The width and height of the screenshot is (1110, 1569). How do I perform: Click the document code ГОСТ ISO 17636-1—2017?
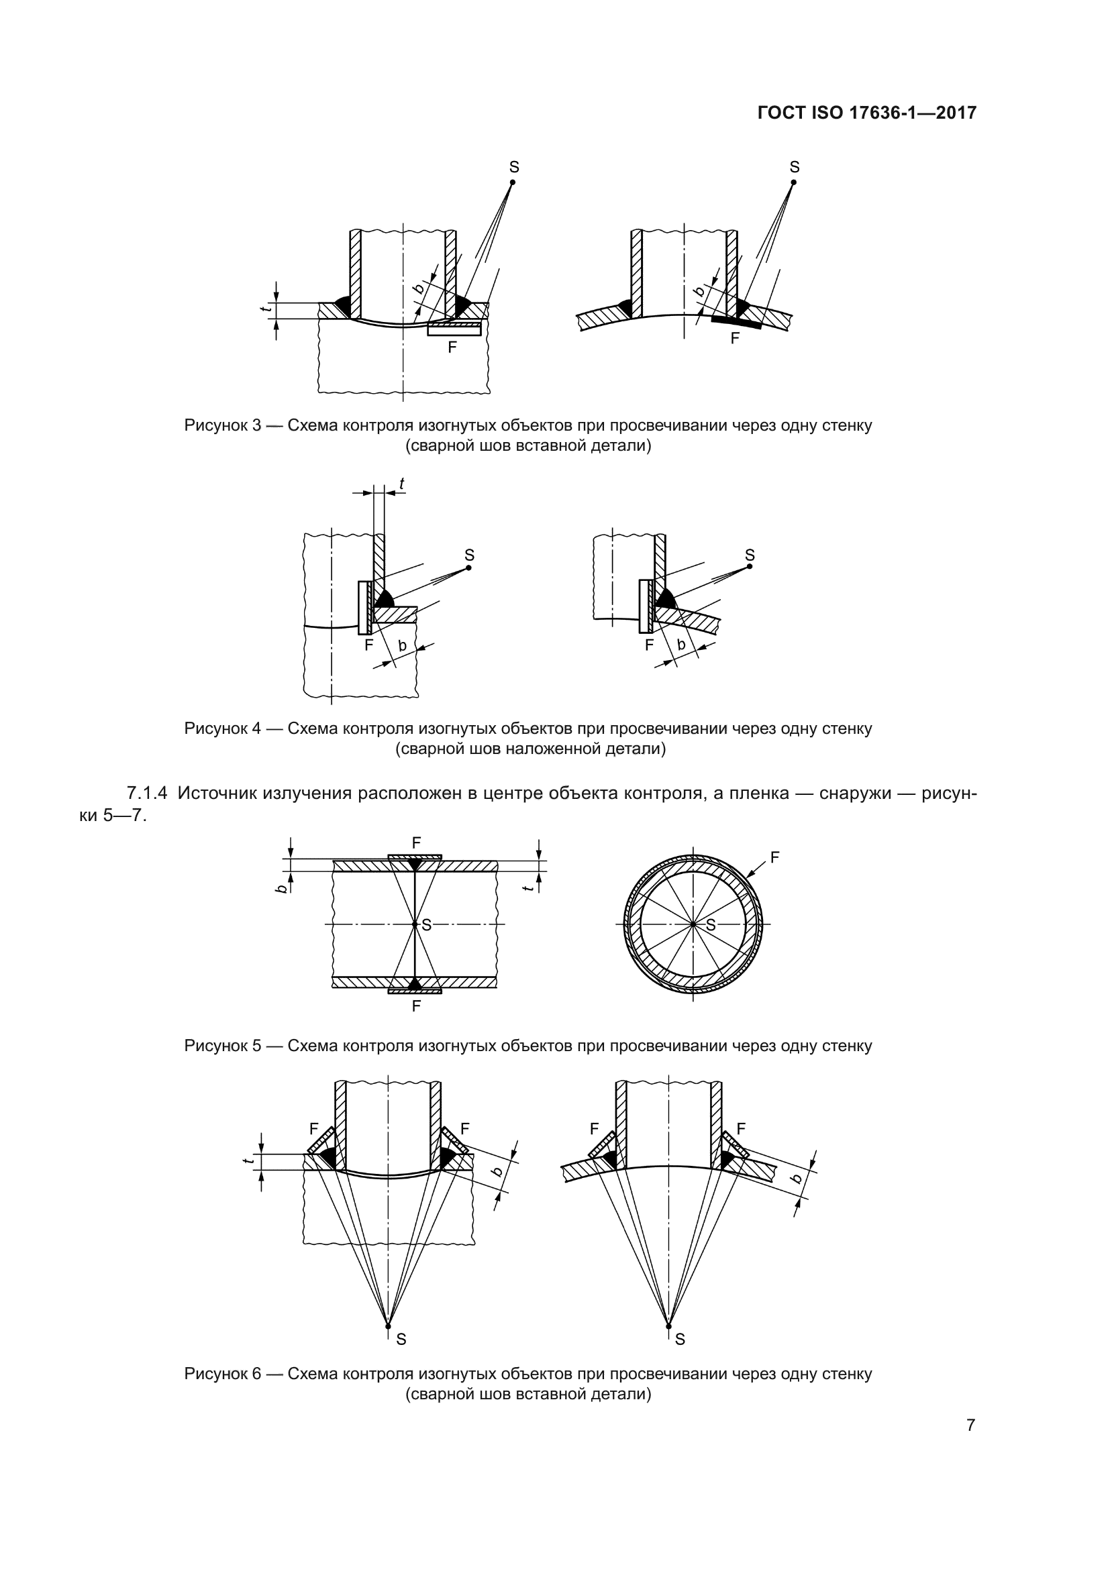point(866,113)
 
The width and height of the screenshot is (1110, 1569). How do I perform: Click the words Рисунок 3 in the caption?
point(223,426)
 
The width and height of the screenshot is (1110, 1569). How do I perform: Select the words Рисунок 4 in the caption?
point(223,728)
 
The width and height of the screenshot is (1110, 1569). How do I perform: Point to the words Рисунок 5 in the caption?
point(223,1046)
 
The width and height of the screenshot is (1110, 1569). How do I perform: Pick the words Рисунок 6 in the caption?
point(223,1374)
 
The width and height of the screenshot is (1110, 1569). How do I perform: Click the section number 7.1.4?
point(147,794)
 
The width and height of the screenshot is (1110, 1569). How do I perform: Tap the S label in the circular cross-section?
point(711,925)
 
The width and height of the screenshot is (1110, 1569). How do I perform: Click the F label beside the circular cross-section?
point(774,857)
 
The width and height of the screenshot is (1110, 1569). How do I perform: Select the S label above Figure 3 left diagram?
point(514,167)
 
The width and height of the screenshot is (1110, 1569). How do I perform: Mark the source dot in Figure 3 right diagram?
point(793,182)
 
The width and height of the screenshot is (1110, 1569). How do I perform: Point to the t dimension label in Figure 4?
point(402,484)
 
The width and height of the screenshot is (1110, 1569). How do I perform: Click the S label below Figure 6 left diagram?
point(401,1340)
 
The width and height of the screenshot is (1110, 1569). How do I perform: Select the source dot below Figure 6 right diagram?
point(668,1326)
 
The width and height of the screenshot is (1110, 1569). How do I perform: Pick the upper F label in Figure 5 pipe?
point(415,843)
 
